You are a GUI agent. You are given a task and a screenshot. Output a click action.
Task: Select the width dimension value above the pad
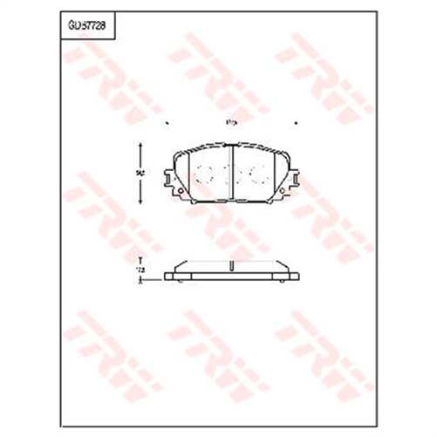pyautogui.click(x=230, y=123)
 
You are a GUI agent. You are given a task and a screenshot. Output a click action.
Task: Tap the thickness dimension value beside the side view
pyautogui.click(x=139, y=272)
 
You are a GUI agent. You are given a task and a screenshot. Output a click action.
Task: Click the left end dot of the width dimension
pyautogui.click(x=166, y=123)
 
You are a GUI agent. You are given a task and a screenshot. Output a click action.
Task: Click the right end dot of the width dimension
pyautogui.click(x=295, y=123)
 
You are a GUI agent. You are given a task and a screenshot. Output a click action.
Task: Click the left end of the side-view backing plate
pyautogui.click(x=167, y=277)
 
